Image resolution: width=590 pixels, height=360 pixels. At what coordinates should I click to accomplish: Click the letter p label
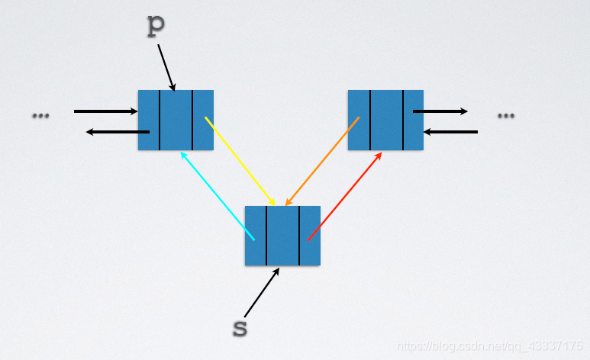[x=156, y=24]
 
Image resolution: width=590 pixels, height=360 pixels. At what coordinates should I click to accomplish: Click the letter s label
[x=240, y=328]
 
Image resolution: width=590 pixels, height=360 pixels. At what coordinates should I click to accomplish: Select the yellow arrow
[x=240, y=161]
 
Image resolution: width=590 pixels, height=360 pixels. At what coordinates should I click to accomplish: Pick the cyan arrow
[x=218, y=196]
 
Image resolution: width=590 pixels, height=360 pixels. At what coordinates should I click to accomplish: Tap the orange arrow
[x=322, y=161]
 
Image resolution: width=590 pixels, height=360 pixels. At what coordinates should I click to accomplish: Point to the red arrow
[x=345, y=196]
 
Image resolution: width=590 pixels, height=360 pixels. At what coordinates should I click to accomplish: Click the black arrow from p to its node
[x=166, y=67]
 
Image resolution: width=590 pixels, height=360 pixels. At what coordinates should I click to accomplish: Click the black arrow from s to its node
[x=262, y=293]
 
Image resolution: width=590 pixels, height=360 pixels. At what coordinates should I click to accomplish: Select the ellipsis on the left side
[x=40, y=115]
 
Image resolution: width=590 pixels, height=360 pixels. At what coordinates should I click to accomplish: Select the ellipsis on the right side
[x=505, y=115]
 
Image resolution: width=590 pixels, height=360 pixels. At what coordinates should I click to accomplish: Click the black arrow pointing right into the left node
[x=105, y=111]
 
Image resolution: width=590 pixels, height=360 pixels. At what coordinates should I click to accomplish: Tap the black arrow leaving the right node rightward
[x=440, y=111]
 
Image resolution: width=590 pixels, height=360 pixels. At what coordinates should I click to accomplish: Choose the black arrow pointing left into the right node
[x=450, y=132]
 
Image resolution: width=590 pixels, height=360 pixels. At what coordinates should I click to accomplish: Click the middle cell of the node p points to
[x=176, y=120]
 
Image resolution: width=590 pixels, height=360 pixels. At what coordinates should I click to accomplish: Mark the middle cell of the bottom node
[x=282, y=235]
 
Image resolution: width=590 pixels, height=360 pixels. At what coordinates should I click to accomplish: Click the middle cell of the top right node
[x=386, y=120]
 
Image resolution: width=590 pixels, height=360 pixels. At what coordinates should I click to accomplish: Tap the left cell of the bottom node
[x=256, y=235]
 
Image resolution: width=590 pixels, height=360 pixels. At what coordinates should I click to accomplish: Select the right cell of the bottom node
[x=309, y=235]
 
